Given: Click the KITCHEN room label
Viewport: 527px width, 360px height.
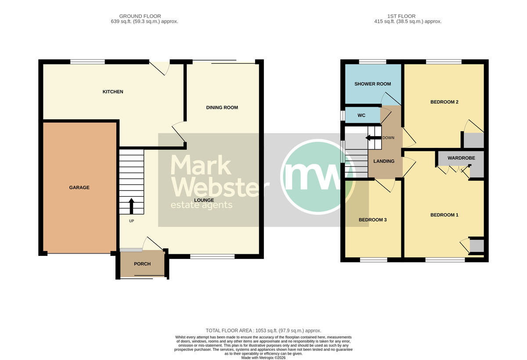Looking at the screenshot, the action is [113, 92].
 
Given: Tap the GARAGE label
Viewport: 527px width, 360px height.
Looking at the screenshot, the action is [79, 187].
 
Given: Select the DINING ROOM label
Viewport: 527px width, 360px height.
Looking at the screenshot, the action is [222, 108].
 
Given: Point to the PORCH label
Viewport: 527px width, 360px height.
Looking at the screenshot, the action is [142, 264].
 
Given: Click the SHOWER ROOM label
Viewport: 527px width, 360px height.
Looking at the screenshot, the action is [373, 84].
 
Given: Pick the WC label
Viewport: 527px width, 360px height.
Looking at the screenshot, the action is [361, 115].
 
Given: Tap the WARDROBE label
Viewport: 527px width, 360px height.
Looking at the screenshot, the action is [461, 158].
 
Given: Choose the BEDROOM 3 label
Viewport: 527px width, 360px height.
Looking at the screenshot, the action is [373, 220].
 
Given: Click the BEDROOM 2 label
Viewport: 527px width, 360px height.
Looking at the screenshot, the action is [444, 102].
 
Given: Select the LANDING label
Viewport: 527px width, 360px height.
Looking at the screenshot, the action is [384, 161].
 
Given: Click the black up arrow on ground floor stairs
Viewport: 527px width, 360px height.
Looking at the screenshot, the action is [131, 206].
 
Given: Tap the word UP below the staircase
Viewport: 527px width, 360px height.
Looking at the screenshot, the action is [131, 221].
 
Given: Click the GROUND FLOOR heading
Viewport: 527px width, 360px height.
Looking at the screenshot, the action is [140, 16].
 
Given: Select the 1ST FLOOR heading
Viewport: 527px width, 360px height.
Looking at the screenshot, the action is [401, 16].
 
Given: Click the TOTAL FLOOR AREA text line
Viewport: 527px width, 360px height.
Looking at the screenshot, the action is [263, 331].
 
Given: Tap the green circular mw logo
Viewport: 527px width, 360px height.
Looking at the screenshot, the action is [318, 177].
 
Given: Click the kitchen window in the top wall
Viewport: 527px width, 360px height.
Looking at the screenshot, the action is [87, 62].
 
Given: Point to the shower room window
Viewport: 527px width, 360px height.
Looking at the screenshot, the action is [372, 62].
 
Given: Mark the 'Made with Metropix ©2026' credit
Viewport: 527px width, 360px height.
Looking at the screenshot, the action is [263, 358].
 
